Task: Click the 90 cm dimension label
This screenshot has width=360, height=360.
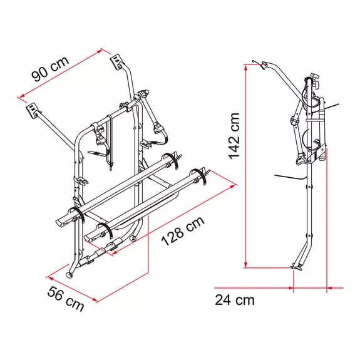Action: click(50, 69)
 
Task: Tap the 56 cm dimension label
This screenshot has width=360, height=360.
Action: click(66, 298)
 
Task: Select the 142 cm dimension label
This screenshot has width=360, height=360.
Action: click(234, 136)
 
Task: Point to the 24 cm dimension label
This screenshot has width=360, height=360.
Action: click(235, 300)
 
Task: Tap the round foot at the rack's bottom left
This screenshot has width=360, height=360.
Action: click(69, 275)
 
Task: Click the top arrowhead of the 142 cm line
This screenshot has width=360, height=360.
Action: click(246, 67)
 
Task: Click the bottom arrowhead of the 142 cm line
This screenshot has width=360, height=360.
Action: click(246, 265)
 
